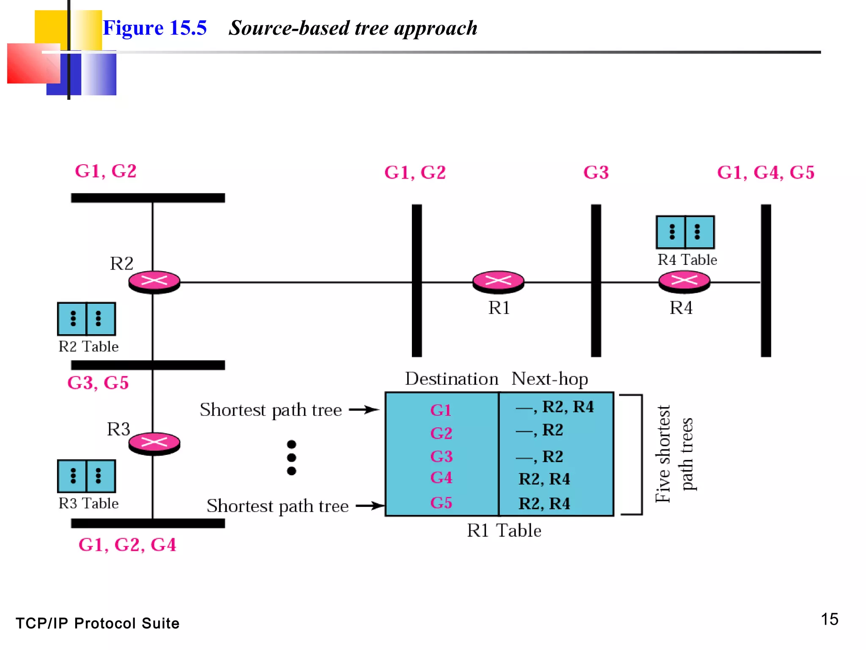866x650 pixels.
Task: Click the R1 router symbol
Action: [498, 281]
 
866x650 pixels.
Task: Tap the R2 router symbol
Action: [154, 281]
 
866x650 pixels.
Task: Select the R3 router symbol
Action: [154, 443]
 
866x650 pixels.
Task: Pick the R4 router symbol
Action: [684, 281]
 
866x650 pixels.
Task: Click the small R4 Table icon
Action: [685, 232]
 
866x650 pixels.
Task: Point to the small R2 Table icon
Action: [86, 319]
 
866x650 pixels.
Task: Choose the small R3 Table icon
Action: [86, 476]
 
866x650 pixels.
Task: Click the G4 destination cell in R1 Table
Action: [441, 478]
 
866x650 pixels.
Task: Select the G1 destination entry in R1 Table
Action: [441, 410]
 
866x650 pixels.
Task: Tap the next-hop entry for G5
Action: [544, 504]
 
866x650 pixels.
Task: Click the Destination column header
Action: [452, 379]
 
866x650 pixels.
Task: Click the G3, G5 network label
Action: [98, 383]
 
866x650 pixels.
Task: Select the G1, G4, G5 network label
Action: [766, 173]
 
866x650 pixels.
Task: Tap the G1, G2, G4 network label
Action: [127, 545]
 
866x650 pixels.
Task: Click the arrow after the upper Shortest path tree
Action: [364, 410]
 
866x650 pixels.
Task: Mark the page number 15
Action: [829, 619]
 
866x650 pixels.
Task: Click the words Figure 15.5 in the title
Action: [155, 28]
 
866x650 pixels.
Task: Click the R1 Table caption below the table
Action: [504, 531]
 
